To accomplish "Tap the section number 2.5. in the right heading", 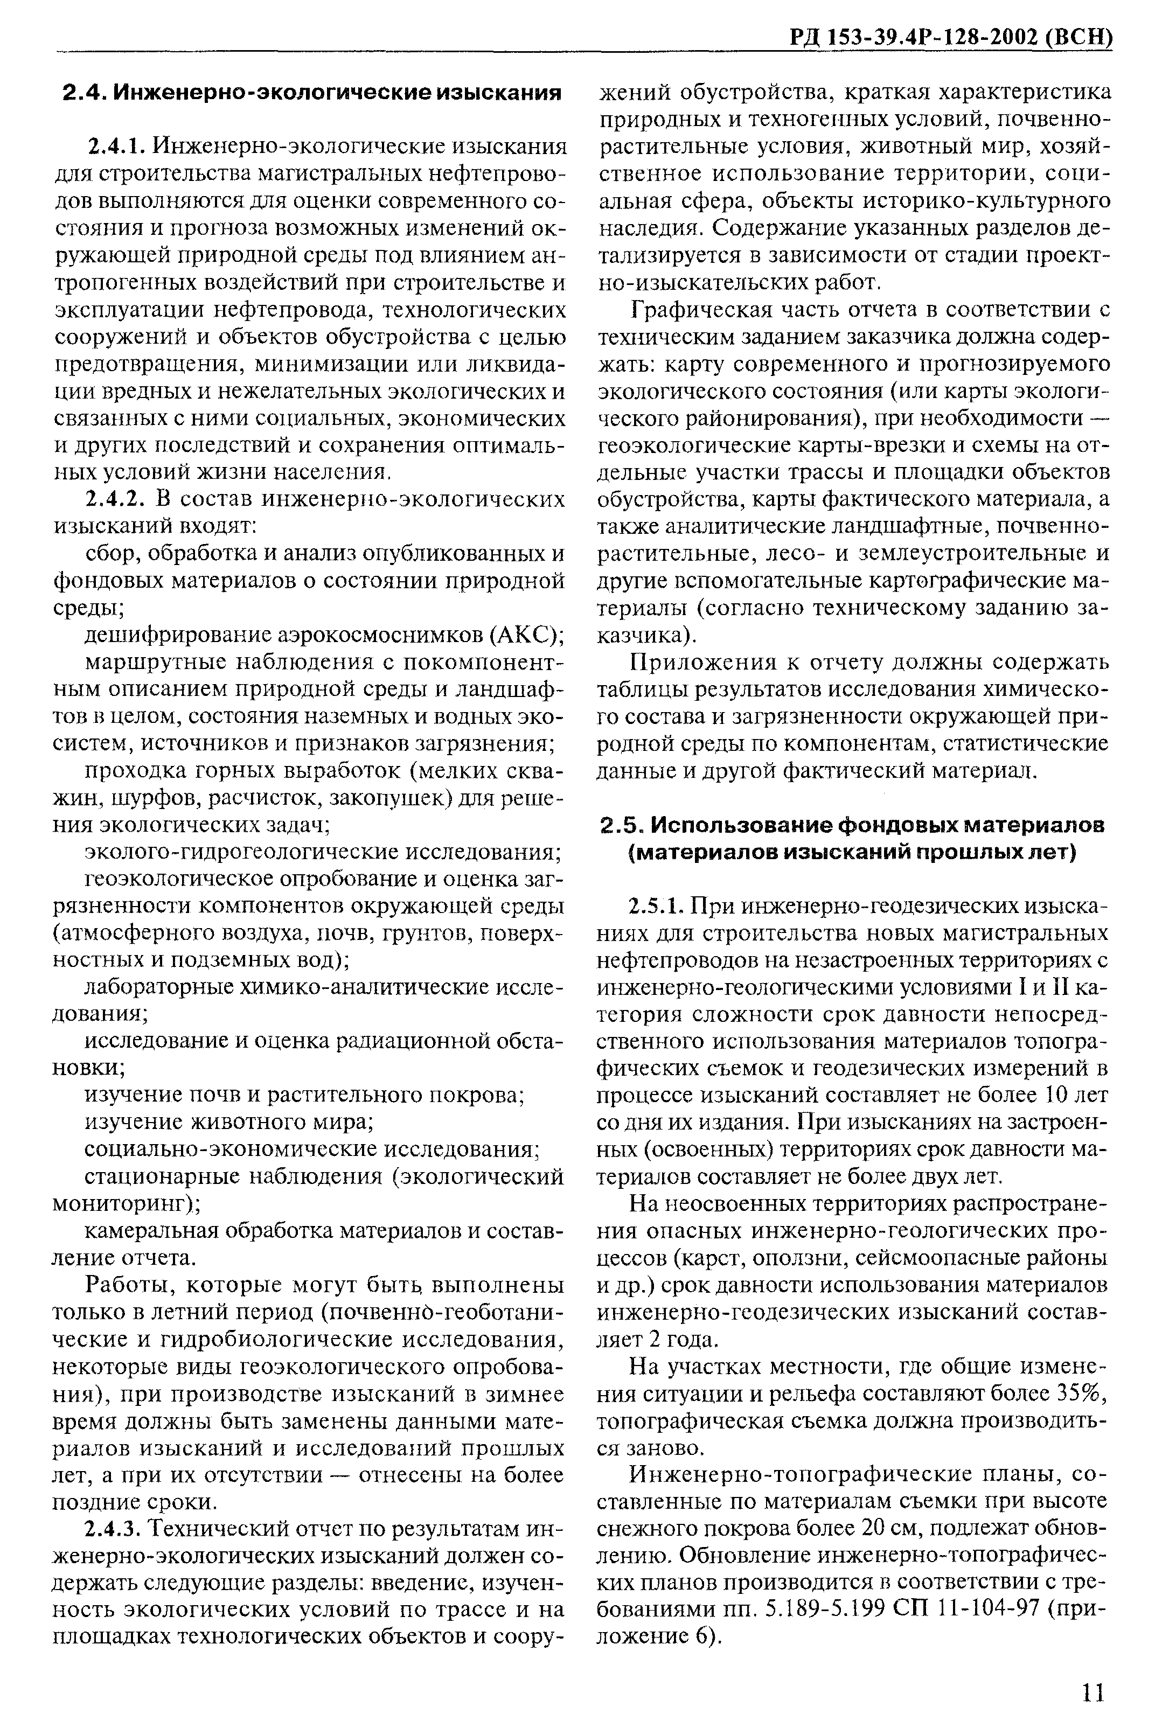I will pyautogui.click(x=622, y=826).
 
